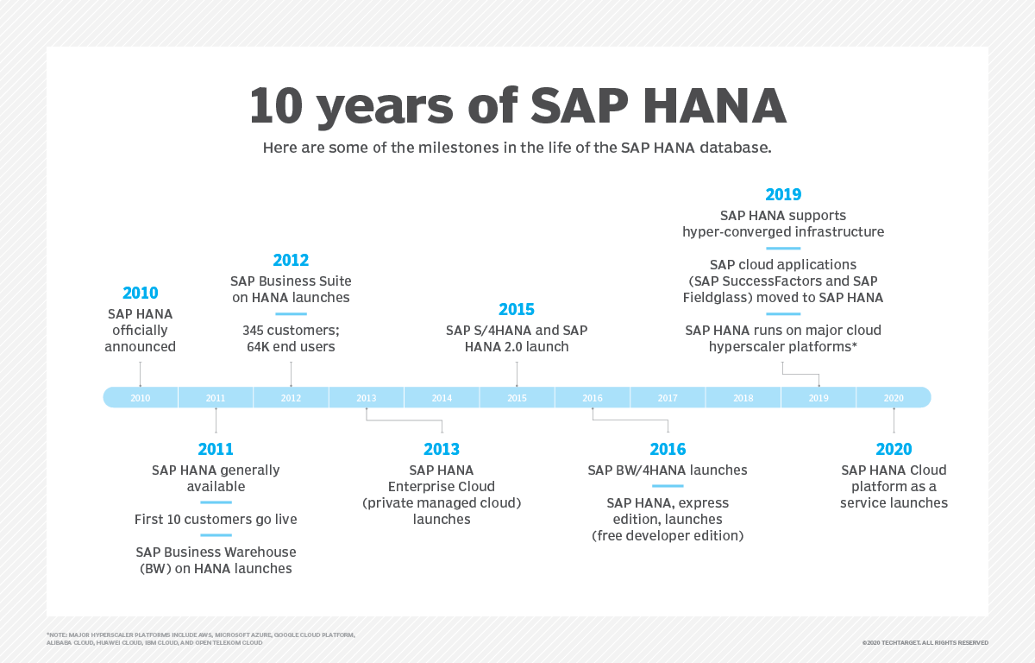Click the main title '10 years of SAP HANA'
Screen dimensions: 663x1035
click(517, 105)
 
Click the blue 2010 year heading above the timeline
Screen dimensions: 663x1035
click(140, 294)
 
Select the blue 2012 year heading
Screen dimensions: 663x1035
click(291, 260)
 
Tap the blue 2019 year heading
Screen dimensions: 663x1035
click(783, 195)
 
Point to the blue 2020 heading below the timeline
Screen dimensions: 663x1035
click(894, 449)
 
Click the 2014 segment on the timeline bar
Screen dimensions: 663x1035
click(442, 398)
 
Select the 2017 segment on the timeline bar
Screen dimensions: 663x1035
click(668, 398)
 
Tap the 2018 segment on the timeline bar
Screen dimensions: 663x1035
click(743, 398)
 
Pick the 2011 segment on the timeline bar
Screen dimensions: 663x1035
click(216, 398)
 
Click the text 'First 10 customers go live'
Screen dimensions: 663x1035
click(216, 520)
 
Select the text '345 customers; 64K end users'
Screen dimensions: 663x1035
click(291, 338)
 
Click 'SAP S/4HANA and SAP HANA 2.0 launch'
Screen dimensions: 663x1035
click(517, 338)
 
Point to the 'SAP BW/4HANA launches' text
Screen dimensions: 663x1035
click(668, 470)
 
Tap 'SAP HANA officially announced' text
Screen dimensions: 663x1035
click(140, 331)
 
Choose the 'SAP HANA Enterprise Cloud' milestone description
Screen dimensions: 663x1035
click(442, 495)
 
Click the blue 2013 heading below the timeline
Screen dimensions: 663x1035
click(442, 449)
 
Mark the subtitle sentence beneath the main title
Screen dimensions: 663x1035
click(517, 148)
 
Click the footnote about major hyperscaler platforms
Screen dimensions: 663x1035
click(200, 639)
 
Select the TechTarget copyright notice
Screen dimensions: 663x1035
click(925, 643)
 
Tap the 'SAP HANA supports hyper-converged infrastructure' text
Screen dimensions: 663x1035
click(783, 224)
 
